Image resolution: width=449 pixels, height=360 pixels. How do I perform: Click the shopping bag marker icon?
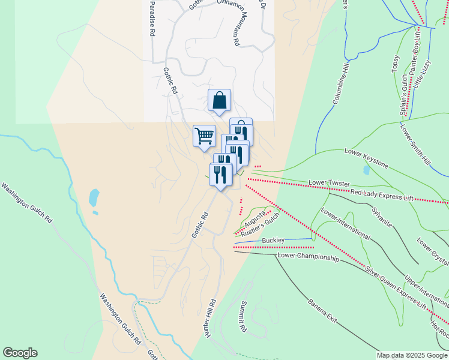[x=219, y=100]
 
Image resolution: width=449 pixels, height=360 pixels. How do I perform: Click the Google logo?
[x=20, y=353]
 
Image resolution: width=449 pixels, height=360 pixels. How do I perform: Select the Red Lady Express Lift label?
[x=382, y=194]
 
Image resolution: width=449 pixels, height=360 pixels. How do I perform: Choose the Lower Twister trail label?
[x=328, y=182]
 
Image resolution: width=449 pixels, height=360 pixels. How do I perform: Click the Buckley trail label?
[x=274, y=241]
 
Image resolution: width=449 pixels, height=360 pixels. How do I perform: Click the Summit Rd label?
[x=243, y=316]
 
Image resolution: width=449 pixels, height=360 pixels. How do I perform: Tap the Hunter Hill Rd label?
[x=209, y=318]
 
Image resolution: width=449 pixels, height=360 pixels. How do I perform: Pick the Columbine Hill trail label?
[x=340, y=88]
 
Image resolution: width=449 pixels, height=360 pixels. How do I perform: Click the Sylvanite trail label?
[x=382, y=218]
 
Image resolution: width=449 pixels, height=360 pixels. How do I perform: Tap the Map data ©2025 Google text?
[x=412, y=355]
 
